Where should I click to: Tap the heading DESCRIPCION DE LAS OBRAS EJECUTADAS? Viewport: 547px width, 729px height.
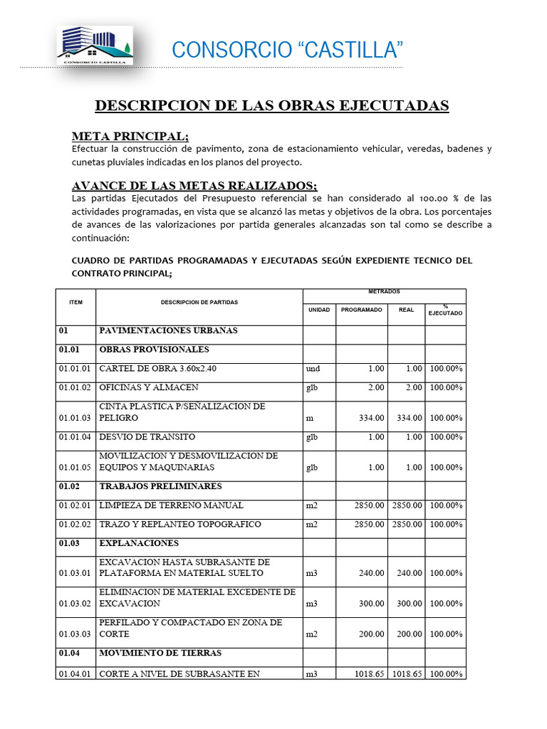(272, 106)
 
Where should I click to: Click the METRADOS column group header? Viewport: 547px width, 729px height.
(384, 292)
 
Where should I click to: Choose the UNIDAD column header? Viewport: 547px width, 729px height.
(318, 310)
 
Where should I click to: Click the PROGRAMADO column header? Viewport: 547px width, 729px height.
(361, 310)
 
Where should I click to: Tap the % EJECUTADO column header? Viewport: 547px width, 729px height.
(445, 310)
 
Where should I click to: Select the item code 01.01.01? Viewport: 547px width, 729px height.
(75, 369)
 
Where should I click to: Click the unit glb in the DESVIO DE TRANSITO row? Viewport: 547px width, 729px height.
(311, 437)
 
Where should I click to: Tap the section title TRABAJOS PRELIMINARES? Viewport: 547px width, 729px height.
(160, 487)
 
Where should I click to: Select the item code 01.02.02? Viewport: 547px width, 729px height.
(75, 525)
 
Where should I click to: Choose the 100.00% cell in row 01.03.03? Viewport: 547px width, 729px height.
(446, 634)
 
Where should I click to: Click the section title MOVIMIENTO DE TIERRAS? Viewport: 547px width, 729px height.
(160, 654)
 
